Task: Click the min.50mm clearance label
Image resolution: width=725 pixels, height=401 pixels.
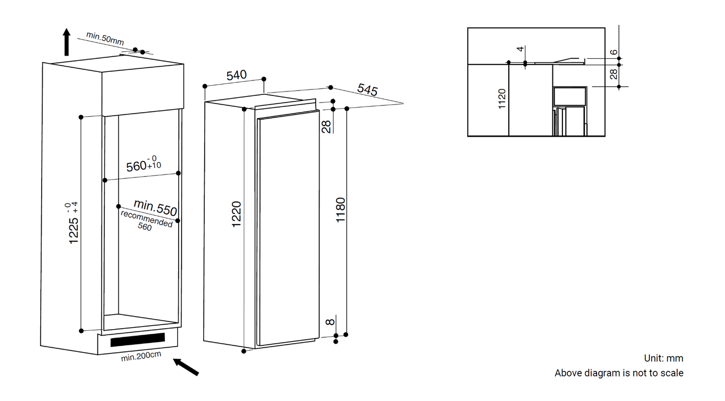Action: click(x=104, y=38)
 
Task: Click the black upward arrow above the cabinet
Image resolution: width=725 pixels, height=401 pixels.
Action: click(x=66, y=42)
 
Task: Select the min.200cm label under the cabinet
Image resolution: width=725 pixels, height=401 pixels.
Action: click(x=141, y=358)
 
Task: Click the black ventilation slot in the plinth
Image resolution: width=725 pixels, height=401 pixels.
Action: click(x=137, y=340)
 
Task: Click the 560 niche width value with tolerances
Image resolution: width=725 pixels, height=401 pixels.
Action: click(x=143, y=164)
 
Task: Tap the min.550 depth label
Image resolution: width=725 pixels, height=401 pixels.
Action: click(x=155, y=207)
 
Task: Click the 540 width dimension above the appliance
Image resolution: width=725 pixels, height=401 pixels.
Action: click(x=236, y=75)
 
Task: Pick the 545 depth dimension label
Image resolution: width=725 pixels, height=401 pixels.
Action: click(x=367, y=90)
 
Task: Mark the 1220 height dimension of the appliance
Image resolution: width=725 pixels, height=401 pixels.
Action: click(x=236, y=214)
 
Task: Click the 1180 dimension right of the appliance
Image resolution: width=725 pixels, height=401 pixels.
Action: click(x=341, y=211)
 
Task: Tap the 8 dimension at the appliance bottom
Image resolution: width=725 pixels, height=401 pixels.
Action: click(x=329, y=322)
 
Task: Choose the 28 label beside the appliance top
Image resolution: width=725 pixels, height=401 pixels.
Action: click(x=327, y=127)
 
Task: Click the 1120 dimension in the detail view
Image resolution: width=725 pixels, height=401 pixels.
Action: click(x=502, y=99)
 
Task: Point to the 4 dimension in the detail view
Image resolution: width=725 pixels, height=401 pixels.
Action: click(x=520, y=49)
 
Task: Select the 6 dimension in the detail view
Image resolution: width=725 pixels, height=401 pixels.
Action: click(x=614, y=52)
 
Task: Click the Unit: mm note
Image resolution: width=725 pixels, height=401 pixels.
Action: click(x=663, y=358)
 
